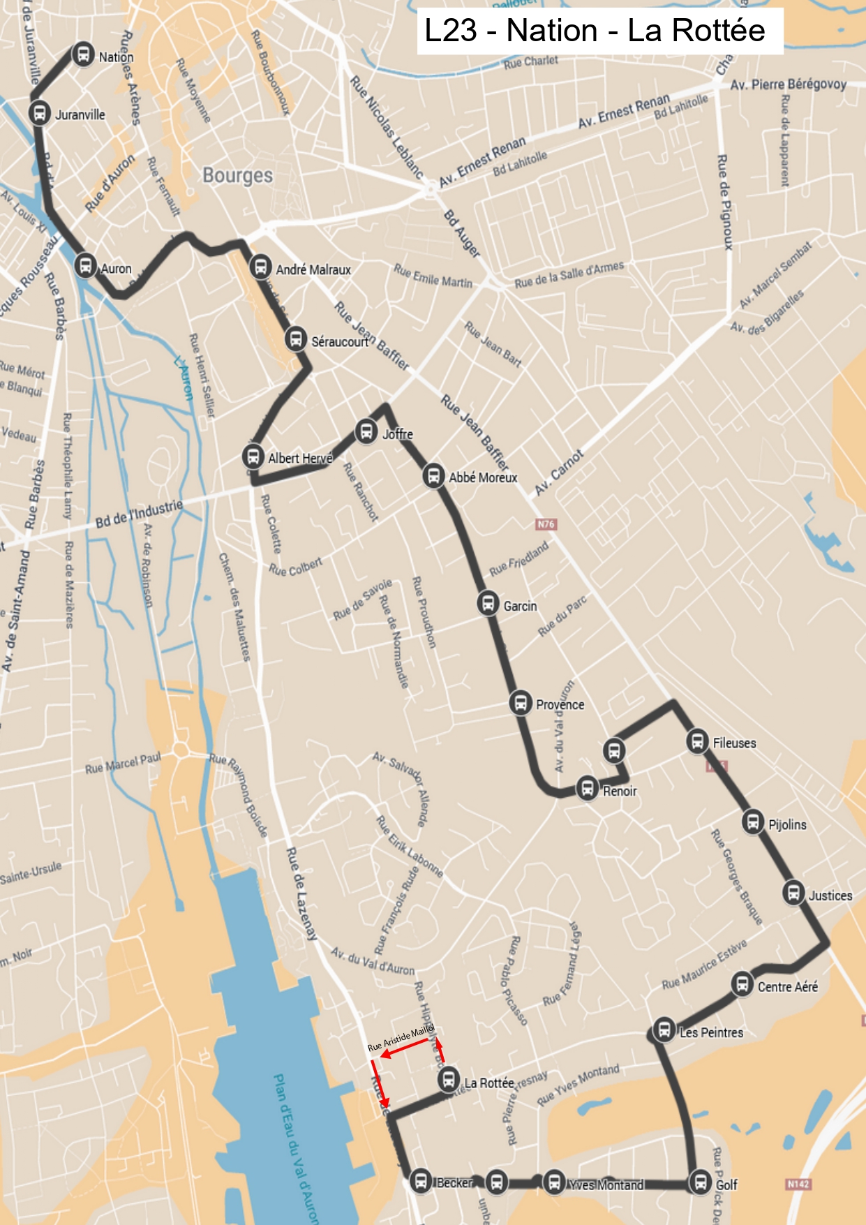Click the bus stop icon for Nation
coord(83,54)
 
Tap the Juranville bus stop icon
coord(40,112)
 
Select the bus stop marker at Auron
coord(85,265)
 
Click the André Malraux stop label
coord(313,269)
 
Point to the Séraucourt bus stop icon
coord(296,339)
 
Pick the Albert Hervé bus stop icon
coord(253,456)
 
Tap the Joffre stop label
coord(398,434)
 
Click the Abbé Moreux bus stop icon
coord(433,476)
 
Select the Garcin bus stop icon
coord(488,603)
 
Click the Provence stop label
coord(560,704)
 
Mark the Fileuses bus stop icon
coord(697,741)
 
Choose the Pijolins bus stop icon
coord(753,822)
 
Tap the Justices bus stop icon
coord(793,893)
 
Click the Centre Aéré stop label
coord(787,986)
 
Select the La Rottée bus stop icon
coord(449,1079)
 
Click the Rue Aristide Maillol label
coord(401,1037)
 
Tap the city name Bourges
coord(237,175)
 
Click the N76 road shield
coord(546,524)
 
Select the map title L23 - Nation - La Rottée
coord(595,31)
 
